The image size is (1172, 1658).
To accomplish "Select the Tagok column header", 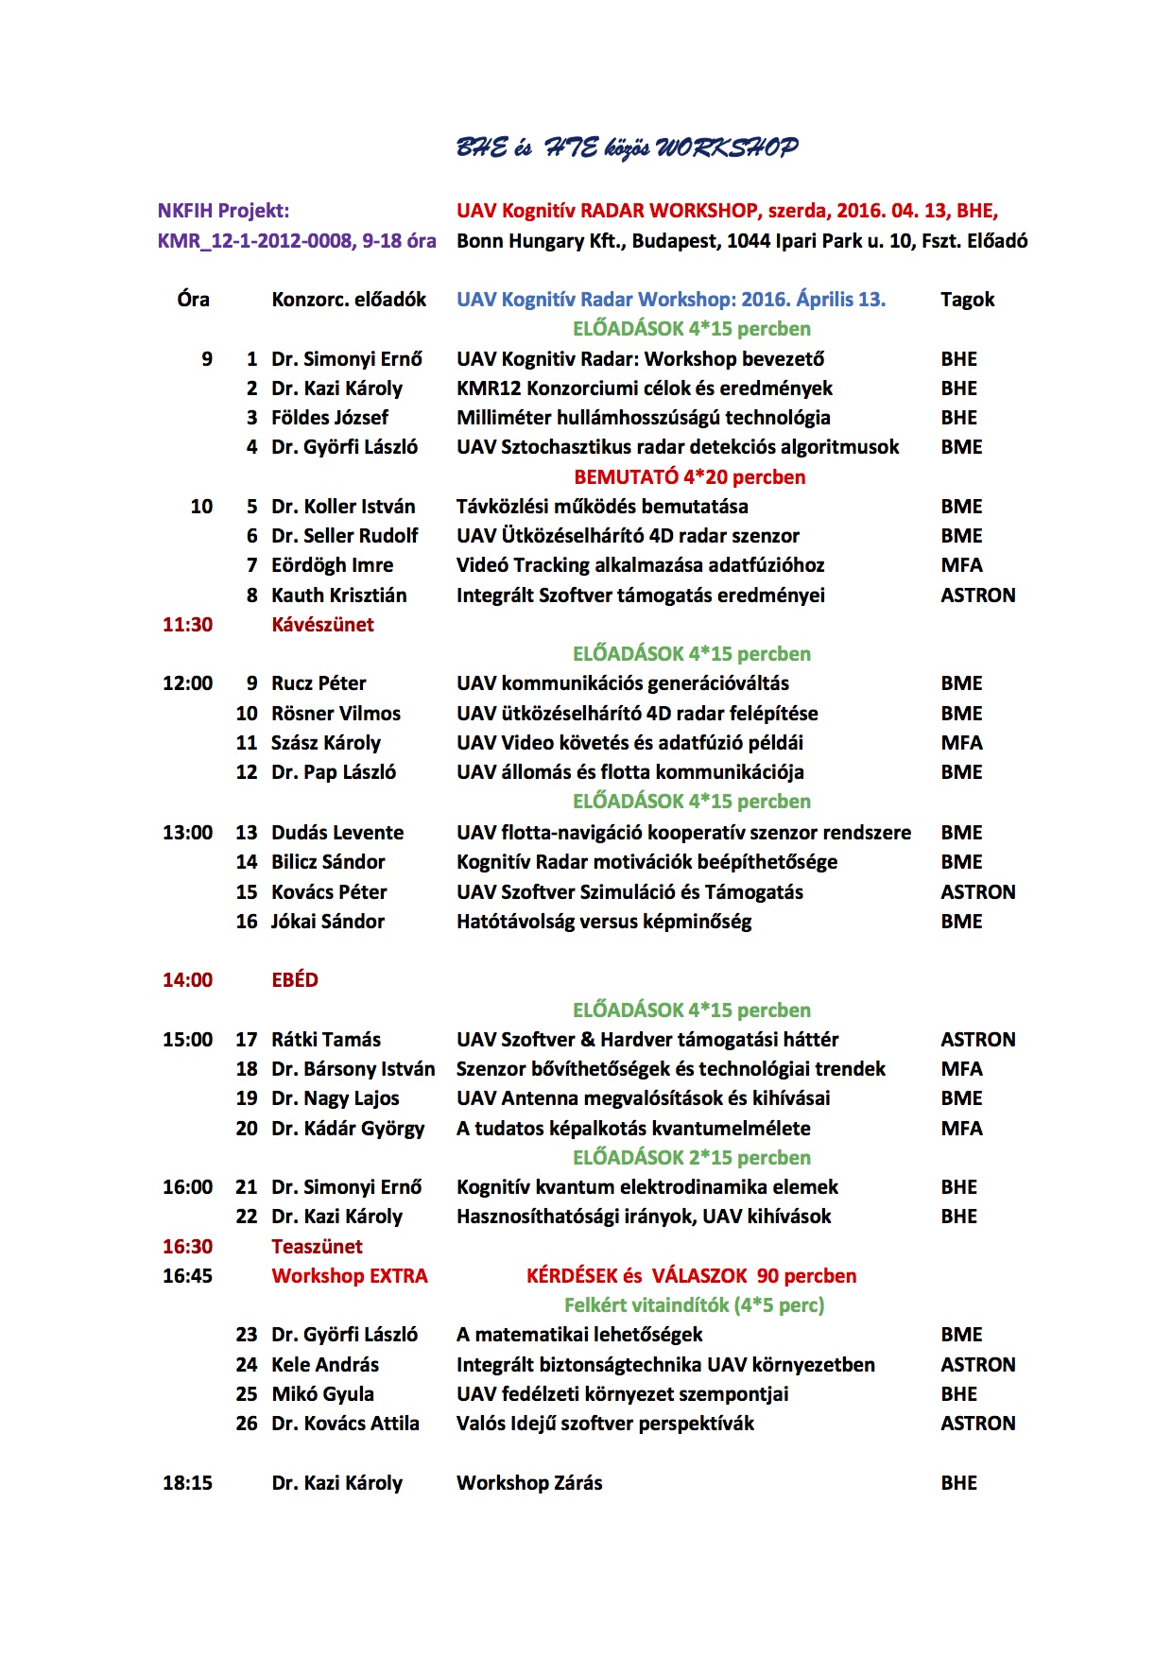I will pyautogui.click(x=967, y=300).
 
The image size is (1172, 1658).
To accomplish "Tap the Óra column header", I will pyautogui.click(x=193, y=300).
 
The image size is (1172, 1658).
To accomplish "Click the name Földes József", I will pyautogui.click(x=330, y=418).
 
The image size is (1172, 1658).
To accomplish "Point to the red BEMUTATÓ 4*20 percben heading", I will pyautogui.click(x=689, y=477).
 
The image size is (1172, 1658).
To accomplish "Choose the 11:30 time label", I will pyautogui.click(x=187, y=625).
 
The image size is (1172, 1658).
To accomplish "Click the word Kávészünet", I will pyautogui.click(x=322, y=625).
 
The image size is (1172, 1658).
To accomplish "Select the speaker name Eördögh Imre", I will pyautogui.click(x=332, y=565).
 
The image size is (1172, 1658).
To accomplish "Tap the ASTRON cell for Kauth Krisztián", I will pyautogui.click(x=977, y=596).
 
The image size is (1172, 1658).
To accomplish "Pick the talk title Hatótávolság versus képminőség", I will pyautogui.click(x=604, y=922).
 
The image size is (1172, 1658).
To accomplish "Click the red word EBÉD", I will pyautogui.click(x=294, y=980).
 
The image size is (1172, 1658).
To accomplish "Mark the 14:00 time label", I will pyautogui.click(x=187, y=980).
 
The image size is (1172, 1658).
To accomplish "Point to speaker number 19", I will pyautogui.click(x=247, y=1098).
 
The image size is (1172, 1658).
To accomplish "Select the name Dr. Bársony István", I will pyautogui.click(x=353, y=1069).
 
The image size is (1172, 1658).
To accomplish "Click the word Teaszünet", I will pyautogui.click(x=317, y=1247).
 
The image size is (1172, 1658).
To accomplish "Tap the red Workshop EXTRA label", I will pyautogui.click(x=349, y=1276).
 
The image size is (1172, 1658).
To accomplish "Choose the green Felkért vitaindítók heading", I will pyautogui.click(x=694, y=1305).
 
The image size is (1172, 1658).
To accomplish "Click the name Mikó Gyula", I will pyautogui.click(x=322, y=1394).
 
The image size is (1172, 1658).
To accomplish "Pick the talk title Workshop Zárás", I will pyautogui.click(x=529, y=1483).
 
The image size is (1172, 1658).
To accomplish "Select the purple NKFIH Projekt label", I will pyautogui.click(x=223, y=211).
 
